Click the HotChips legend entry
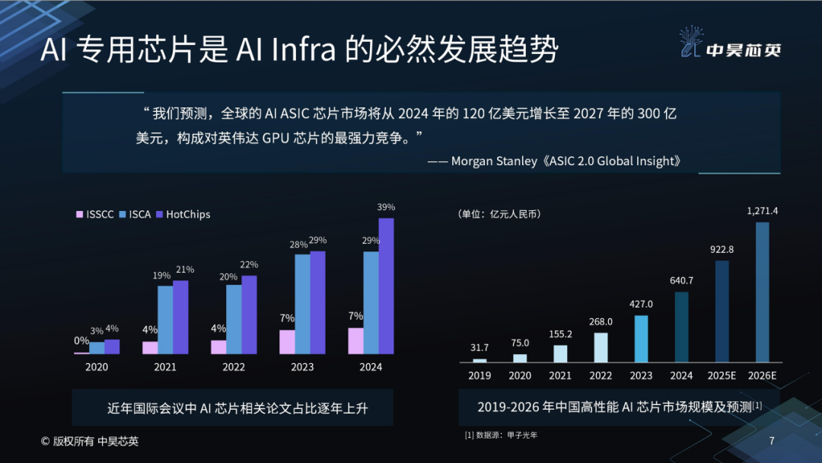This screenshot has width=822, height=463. (183, 215)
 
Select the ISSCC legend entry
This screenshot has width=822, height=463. (95, 215)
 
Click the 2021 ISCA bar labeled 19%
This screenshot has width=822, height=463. (165, 320)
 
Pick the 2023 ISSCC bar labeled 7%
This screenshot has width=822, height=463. (287, 342)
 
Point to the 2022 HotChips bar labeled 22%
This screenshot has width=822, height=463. (249, 315)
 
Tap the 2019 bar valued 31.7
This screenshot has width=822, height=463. (479, 360)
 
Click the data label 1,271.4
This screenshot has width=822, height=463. (762, 211)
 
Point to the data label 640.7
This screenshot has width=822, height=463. (681, 280)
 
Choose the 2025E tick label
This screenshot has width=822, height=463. (722, 375)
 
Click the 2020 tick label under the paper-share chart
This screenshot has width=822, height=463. (97, 367)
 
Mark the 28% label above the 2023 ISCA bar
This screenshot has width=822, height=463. (298, 244)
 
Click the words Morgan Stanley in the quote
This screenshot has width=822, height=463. (493, 161)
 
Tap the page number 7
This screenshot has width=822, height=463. (772, 441)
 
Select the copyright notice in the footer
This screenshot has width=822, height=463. (90, 441)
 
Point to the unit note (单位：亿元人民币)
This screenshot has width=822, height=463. (499, 215)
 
